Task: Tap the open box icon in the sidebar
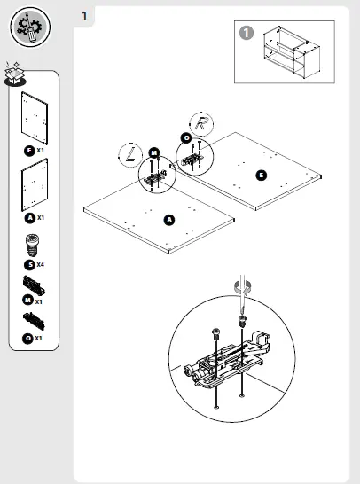(15, 74)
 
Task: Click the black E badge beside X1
(29, 152)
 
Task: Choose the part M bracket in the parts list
(35, 286)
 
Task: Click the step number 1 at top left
(83, 15)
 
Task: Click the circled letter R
(201, 123)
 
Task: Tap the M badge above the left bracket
(154, 152)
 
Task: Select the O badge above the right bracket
(186, 137)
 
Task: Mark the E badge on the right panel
(261, 176)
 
